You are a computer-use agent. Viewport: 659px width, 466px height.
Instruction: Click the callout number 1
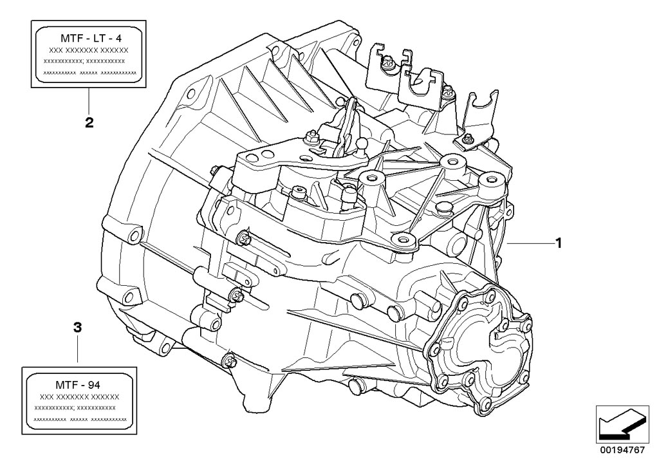pyautogui.click(x=559, y=243)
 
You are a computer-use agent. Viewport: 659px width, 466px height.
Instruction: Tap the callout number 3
pyautogui.click(x=78, y=328)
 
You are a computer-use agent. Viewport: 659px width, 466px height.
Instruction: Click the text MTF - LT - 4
pyautogui.click(x=89, y=38)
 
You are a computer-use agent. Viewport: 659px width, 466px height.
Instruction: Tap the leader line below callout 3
pyautogui.click(x=78, y=351)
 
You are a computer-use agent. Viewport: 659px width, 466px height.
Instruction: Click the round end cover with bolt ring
pyautogui.click(x=483, y=348)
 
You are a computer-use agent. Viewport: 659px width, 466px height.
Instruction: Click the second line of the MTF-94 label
pyautogui.click(x=80, y=397)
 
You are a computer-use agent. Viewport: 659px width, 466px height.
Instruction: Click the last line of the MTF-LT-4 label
pyautogui.click(x=89, y=73)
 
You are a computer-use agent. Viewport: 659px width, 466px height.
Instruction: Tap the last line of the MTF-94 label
pyautogui.click(x=80, y=419)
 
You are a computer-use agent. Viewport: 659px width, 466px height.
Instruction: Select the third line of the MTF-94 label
pyautogui.click(x=80, y=408)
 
